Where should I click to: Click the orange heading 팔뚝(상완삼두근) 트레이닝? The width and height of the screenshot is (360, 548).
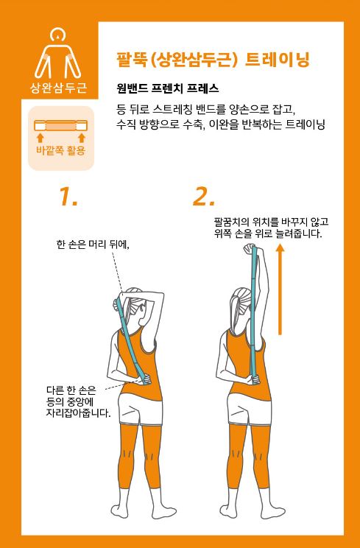click(x=213, y=60)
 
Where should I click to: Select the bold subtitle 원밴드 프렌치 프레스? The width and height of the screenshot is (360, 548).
click(x=168, y=89)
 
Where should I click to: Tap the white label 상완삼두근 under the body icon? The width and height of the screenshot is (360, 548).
click(x=59, y=88)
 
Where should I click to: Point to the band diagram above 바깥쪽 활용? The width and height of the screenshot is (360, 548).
click(x=61, y=125)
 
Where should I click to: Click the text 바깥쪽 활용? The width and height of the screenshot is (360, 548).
click(x=61, y=150)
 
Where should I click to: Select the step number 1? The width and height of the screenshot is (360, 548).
click(x=68, y=196)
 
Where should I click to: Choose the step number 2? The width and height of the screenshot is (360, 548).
click(x=203, y=196)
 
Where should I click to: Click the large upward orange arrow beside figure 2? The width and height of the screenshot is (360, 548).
click(x=280, y=289)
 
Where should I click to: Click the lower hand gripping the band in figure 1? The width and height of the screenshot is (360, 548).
click(x=146, y=379)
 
